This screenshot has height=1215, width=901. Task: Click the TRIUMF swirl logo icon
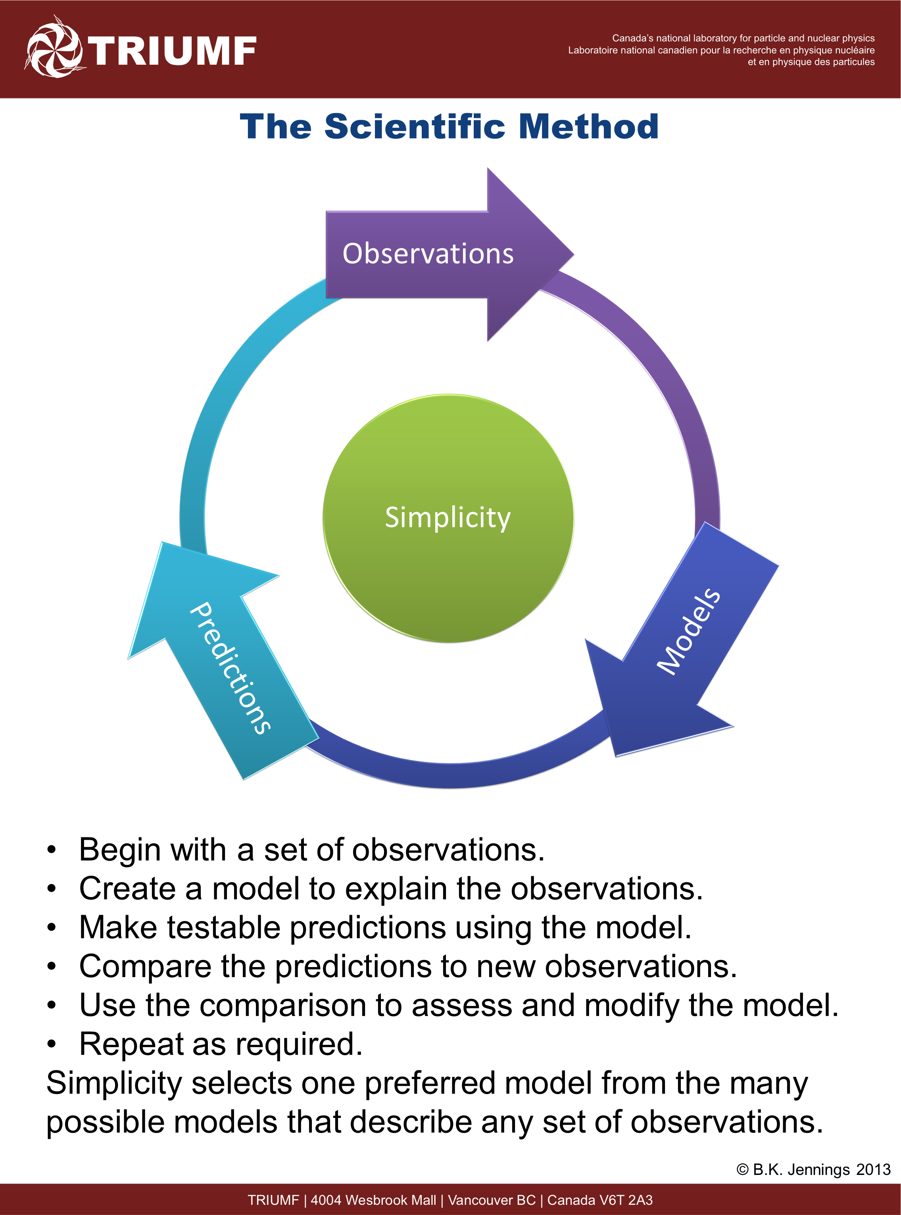click(x=54, y=48)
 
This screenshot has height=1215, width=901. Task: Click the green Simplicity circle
click(x=448, y=518)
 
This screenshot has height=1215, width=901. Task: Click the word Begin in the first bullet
click(x=120, y=850)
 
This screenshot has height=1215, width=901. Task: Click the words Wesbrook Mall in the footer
click(x=390, y=1200)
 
